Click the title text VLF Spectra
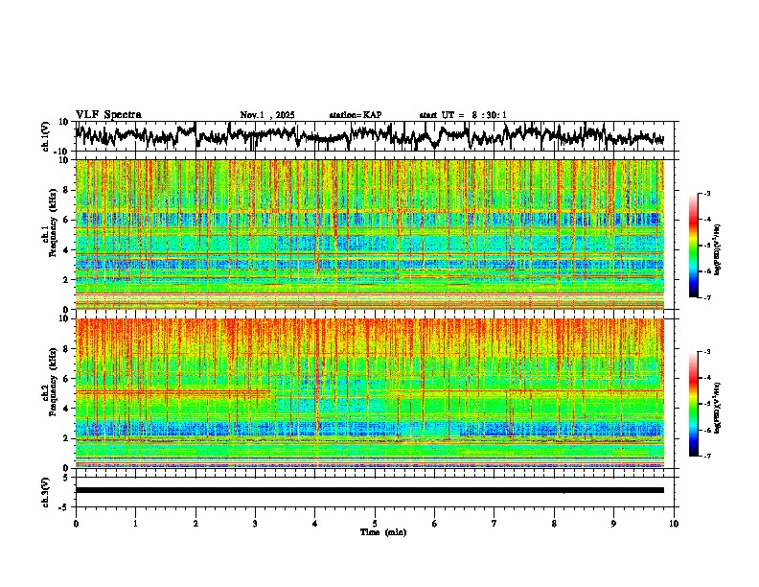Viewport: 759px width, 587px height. click(108, 114)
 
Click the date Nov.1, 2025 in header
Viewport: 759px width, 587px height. click(267, 115)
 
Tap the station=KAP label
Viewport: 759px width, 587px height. click(356, 115)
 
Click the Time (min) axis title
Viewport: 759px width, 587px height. click(383, 531)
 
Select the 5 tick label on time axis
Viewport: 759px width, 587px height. click(375, 523)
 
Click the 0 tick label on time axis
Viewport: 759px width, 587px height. click(76, 523)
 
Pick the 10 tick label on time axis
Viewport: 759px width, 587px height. click(674, 523)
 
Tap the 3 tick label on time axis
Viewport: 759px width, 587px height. click(255, 523)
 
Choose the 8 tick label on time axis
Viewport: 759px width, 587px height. click(554, 523)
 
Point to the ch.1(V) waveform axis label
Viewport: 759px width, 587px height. click(46, 136)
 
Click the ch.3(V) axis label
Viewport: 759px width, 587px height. click(46, 489)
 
